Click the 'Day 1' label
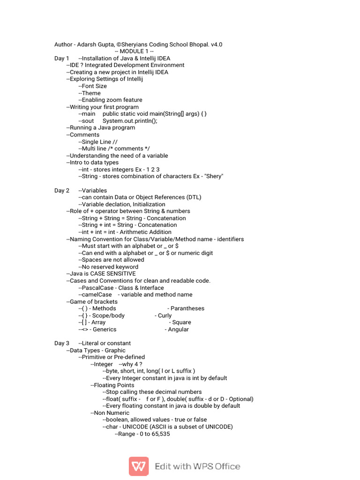point(61,58)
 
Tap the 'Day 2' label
point(61,190)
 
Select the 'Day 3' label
point(61,343)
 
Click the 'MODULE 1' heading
point(135,52)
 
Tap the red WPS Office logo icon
point(139,466)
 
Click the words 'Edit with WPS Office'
point(197,466)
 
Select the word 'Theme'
point(91,93)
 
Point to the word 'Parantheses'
point(187,308)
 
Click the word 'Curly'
point(165,315)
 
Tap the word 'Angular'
point(178,330)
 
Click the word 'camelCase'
point(97,295)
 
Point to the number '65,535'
point(160,434)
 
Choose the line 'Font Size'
point(94,86)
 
